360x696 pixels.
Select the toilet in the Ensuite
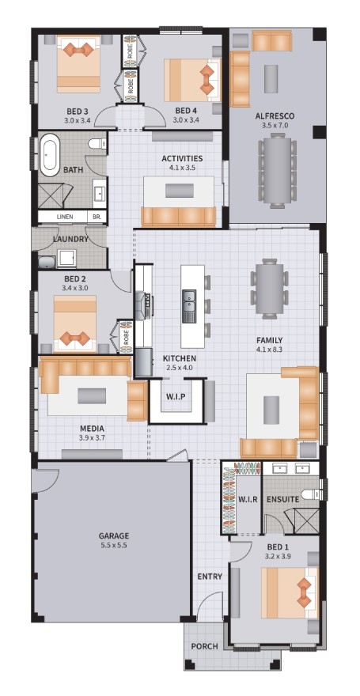pyautogui.click(x=310, y=494)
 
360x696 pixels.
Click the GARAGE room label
pyautogui.click(x=114, y=535)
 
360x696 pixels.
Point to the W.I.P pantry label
pyautogui.click(x=176, y=396)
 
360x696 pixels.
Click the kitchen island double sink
pyautogui.click(x=189, y=306)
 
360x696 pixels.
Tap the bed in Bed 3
pyautogui.click(x=78, y=63)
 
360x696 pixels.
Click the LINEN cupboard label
pyautogui.click(x=65, y=217)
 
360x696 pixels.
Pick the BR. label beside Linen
pyautogui.click(x=97, y=217)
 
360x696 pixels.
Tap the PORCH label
pyautogui.click(x=205, y=646)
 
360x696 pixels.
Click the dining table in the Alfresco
pyautogui.click(x=278, y=171)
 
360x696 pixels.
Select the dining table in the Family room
pyautogui.click(x=270, y=289)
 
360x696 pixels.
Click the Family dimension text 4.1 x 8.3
pyautogui.click(x=269, y=349)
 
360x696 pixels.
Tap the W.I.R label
pyautogui.click(x=247, y=499)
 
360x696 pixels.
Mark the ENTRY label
pyautogui.click(x=210, y=577)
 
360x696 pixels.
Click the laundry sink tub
pyautogui.click(x=47, y=262)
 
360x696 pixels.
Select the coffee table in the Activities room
pyautogui.click(x=180, y=191)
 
